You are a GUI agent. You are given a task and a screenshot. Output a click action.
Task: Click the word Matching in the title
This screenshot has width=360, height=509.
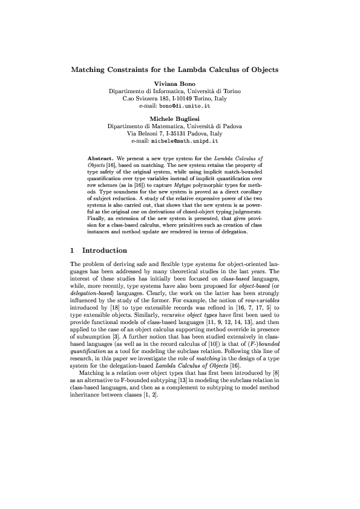[x=92, y=70]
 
